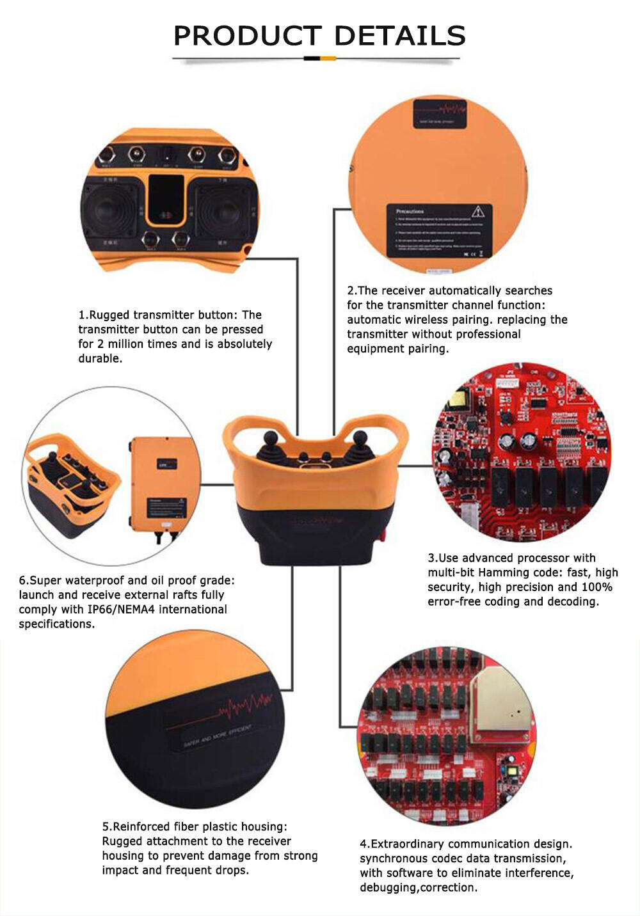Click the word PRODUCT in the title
coord(247,36)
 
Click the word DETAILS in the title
coord(400,36)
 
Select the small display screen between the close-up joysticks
coord(170,200)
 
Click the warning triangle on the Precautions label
coord(477,212)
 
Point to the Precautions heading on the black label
coord(410,211)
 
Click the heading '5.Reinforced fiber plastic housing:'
coord(195,826)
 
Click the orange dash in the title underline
coord(328,58)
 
